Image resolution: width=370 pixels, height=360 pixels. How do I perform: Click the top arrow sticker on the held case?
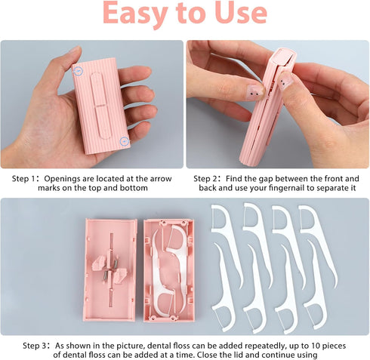click(78, 70)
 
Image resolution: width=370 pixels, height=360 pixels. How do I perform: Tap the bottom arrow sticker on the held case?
click(123, 140)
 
